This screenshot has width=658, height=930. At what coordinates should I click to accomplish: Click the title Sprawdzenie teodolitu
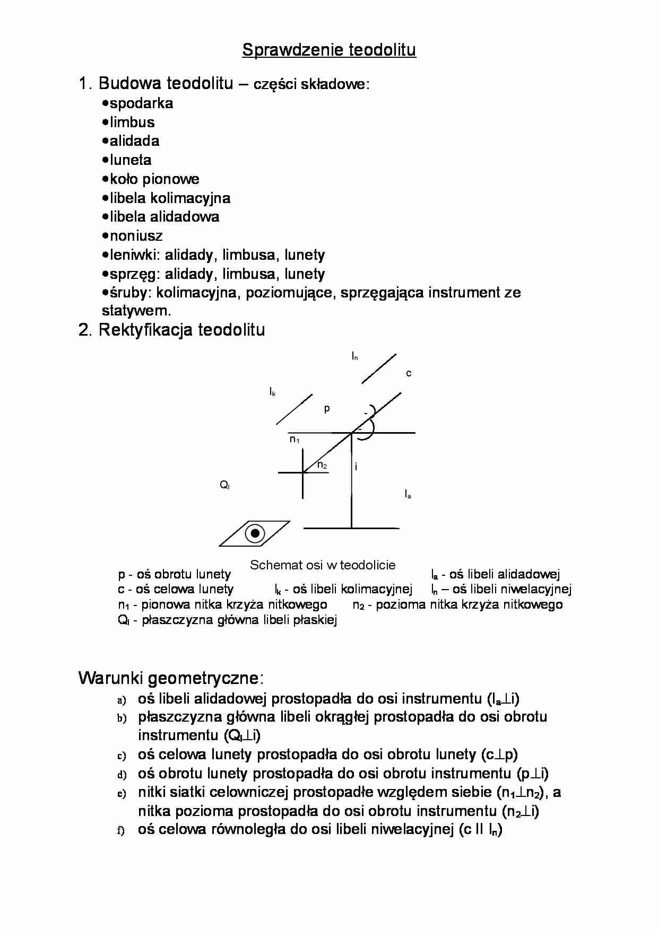click(x=329, y=50)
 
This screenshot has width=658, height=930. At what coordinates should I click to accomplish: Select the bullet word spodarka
click(x=141, y=103)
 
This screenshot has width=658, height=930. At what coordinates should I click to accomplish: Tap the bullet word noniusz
click(x=136, y=235)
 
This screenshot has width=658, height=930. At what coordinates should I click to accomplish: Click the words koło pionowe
click(x=154, y=179)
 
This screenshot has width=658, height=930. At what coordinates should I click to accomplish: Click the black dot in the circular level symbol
click(x=255, y=533)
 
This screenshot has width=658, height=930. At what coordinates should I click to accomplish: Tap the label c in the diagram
click(x=409, y=373)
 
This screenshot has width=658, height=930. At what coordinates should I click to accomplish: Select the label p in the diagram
click(x=327, y=408)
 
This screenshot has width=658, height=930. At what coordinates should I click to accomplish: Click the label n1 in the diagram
click(x=295, y=439)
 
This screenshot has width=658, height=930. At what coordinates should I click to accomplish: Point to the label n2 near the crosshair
click(x=322, y=465)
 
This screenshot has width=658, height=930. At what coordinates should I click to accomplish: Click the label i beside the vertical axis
click(x=356, y=467)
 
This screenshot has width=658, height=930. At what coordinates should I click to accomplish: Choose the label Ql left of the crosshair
click(x=224, y=485)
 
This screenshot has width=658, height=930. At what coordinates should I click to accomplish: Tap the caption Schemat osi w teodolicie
click(x=323, y=565)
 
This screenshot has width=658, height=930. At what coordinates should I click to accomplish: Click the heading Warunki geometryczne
click(x=171, y=678)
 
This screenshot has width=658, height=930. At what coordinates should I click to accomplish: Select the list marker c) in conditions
click(x=122, y=756)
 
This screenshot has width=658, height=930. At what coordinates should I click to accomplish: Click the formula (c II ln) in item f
click(x=481, y=829)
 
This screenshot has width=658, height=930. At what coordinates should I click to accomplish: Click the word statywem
click(x=136, y=310)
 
